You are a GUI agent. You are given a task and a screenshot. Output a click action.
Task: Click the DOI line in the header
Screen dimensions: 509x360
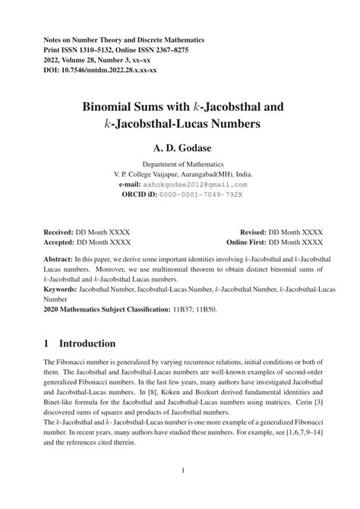[x=99, y=70]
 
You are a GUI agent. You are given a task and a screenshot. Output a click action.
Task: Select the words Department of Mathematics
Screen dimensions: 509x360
[x=181, y=163]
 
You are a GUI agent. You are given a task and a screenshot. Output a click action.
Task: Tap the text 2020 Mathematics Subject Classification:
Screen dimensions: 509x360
[x=106, y=310]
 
